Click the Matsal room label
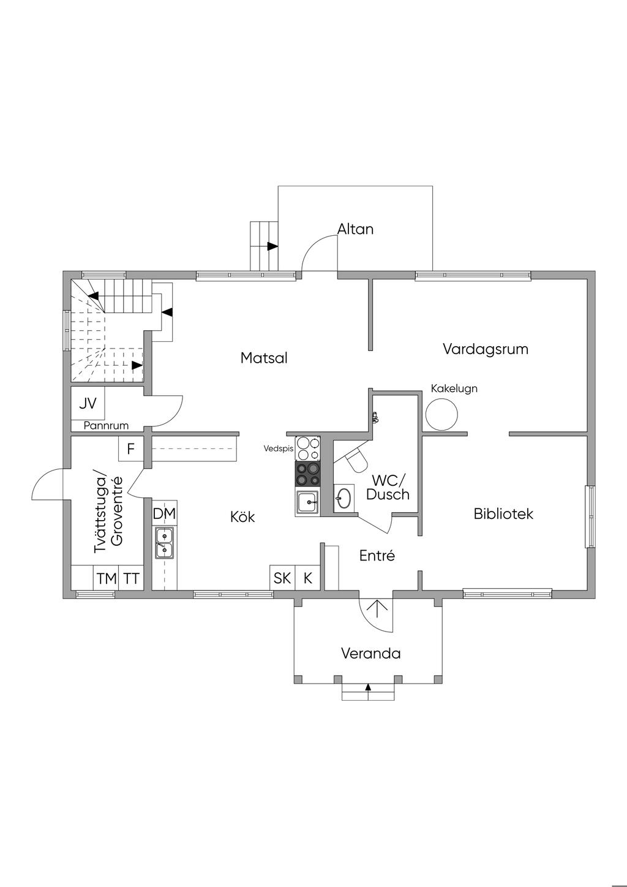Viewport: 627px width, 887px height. [x=264, y=358]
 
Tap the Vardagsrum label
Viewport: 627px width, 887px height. [x=485, y=349]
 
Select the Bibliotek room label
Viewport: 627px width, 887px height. [x=503, y=513]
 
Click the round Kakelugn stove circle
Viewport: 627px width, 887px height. [x=441, y=414]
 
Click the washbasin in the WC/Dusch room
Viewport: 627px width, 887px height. [x=343, y=497]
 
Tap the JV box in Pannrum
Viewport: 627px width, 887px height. [x=88, y=403]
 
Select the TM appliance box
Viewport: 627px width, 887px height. [x=106, y=578]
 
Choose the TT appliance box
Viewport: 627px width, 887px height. [x=131, y=578]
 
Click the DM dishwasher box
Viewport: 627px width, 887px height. [x=164, y=513]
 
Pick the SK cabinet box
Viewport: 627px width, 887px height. [x=282, y=577]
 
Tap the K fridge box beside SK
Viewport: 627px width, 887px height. [x=308, y=577]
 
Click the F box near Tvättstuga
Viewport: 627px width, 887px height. [x=130, y=449]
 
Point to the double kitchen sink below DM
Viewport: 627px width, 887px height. [x=163, y=543]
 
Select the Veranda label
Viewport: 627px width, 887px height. [x=370, y=653]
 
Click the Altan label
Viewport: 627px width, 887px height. [x=355, y=229]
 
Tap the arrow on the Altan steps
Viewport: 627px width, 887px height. [x=272, y=246]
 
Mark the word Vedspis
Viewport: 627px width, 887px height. [x=279, y=448]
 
